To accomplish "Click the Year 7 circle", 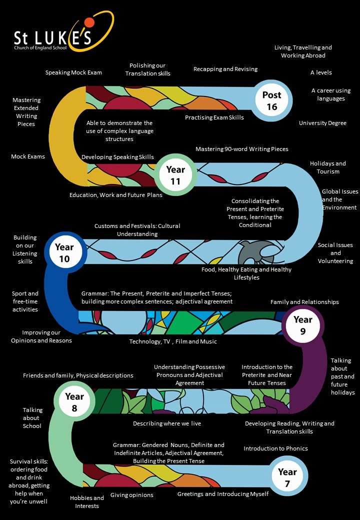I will click(x=287, y=477).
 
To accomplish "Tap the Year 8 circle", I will click(x=74, y=401).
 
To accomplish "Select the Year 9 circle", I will click(x=302, y=324).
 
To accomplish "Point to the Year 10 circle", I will click(x=64, y=252).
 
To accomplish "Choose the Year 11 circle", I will click(x=175, y=175).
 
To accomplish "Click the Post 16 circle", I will click(x=271, y=100).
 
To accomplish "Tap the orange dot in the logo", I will click(x=89, y=21).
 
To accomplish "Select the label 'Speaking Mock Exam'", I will click(x=73, y=72).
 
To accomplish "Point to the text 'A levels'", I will click(x=321, y=72).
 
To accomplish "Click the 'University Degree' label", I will click(x=322, y=123).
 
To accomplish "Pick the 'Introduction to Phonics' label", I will click(x=275, y=448).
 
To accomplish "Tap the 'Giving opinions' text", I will click(x=132, y=495).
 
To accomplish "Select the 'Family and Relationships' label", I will click(x=304, y=302).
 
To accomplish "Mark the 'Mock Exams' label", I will click(x=28, y=156).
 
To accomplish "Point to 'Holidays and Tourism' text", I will click(x=327, y=167).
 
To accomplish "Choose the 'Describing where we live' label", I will click(x=167, y=423).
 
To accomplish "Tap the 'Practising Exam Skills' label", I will click(x=214, y=117).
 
